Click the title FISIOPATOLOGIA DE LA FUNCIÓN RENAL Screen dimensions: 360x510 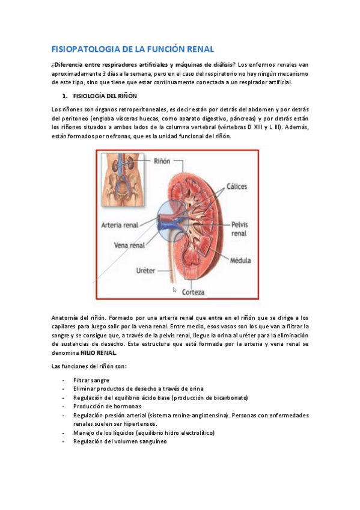(133, 49)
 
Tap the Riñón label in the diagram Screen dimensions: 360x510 (162, 162)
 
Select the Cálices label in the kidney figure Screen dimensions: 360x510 (236, 186)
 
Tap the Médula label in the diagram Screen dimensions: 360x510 (240, 260)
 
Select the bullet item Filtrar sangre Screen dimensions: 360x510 (91, 381)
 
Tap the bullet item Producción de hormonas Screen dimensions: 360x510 (99, 407)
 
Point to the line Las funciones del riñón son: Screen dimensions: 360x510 (89, 366)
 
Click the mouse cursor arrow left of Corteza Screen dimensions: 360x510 (174, 290)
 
